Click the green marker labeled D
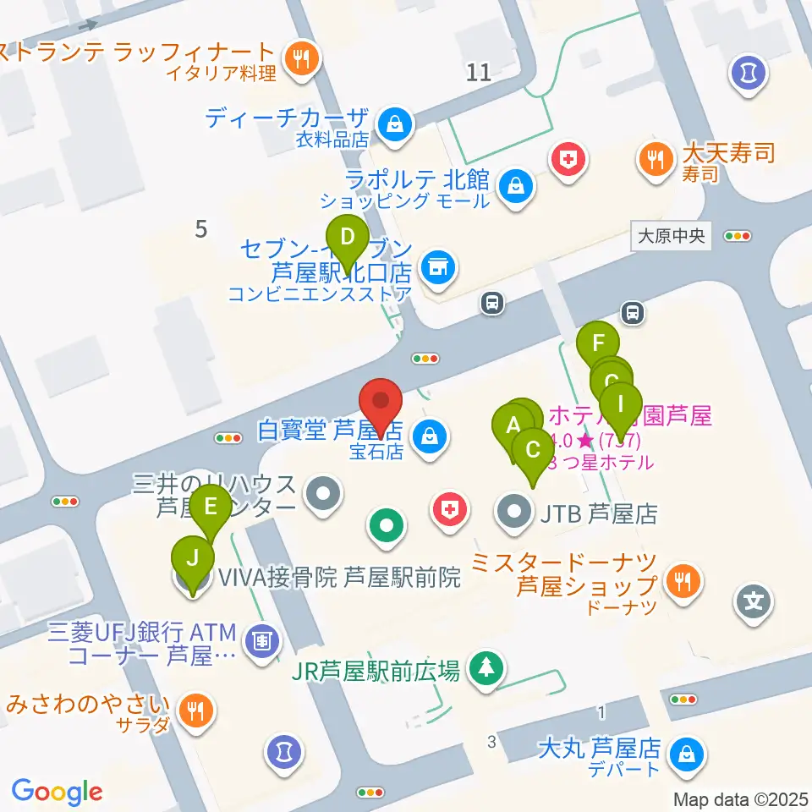point(348,238)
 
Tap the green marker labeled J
point(194,558)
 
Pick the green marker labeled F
point(598,343)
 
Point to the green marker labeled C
point(533,448)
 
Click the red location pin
point(381,402)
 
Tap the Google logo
point(57,792)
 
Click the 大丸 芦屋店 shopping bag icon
point(683,753)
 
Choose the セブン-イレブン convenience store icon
point(436,268)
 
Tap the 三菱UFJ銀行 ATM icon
point(262,641)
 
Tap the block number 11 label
point(478,72)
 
